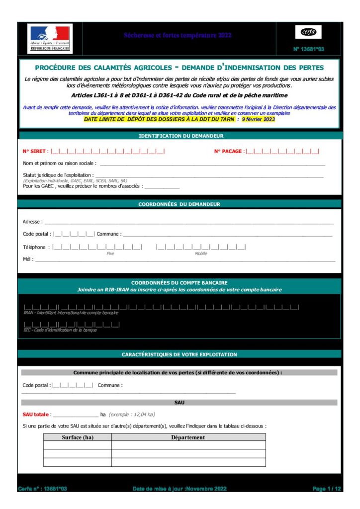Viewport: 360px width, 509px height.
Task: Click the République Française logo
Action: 50,38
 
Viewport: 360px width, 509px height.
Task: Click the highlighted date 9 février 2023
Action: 258,119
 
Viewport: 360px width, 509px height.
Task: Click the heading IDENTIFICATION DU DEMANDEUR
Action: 180,136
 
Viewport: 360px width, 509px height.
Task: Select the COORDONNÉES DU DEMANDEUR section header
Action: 179,204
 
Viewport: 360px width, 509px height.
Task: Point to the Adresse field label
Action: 32,222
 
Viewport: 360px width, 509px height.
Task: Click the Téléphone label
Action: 35,247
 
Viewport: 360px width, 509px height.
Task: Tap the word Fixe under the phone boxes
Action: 110,254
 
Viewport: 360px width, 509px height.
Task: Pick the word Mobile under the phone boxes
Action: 201,254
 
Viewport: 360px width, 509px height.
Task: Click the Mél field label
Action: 28,259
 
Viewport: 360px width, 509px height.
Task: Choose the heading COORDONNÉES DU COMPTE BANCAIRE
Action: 179,282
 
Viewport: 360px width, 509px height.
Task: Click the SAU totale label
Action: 35,414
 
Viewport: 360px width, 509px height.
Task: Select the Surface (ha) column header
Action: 78,437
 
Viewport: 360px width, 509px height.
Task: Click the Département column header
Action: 188,437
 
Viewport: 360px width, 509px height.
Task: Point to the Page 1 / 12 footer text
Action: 327,489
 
